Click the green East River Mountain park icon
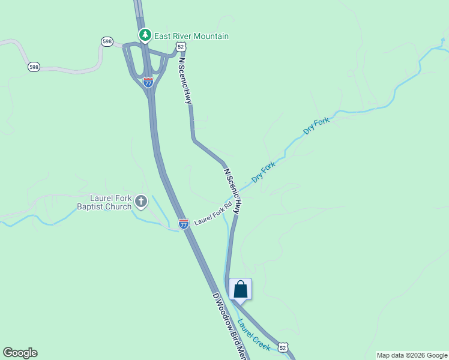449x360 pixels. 144,35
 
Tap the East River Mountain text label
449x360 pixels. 191,36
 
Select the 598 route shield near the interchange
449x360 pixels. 107,41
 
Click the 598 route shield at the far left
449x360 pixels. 34,67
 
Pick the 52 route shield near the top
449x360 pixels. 181,46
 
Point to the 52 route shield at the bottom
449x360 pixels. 283,347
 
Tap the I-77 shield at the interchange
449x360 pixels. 148,82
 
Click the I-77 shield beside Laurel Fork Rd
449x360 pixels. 184,224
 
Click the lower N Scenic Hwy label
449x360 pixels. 232,191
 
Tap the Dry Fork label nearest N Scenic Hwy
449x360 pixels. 264,172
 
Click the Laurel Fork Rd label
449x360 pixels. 212,214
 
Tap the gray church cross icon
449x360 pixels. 141,201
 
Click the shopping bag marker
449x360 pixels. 240,289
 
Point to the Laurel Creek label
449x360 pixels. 253,334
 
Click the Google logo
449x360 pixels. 20,353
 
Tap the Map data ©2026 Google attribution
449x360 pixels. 412,355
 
